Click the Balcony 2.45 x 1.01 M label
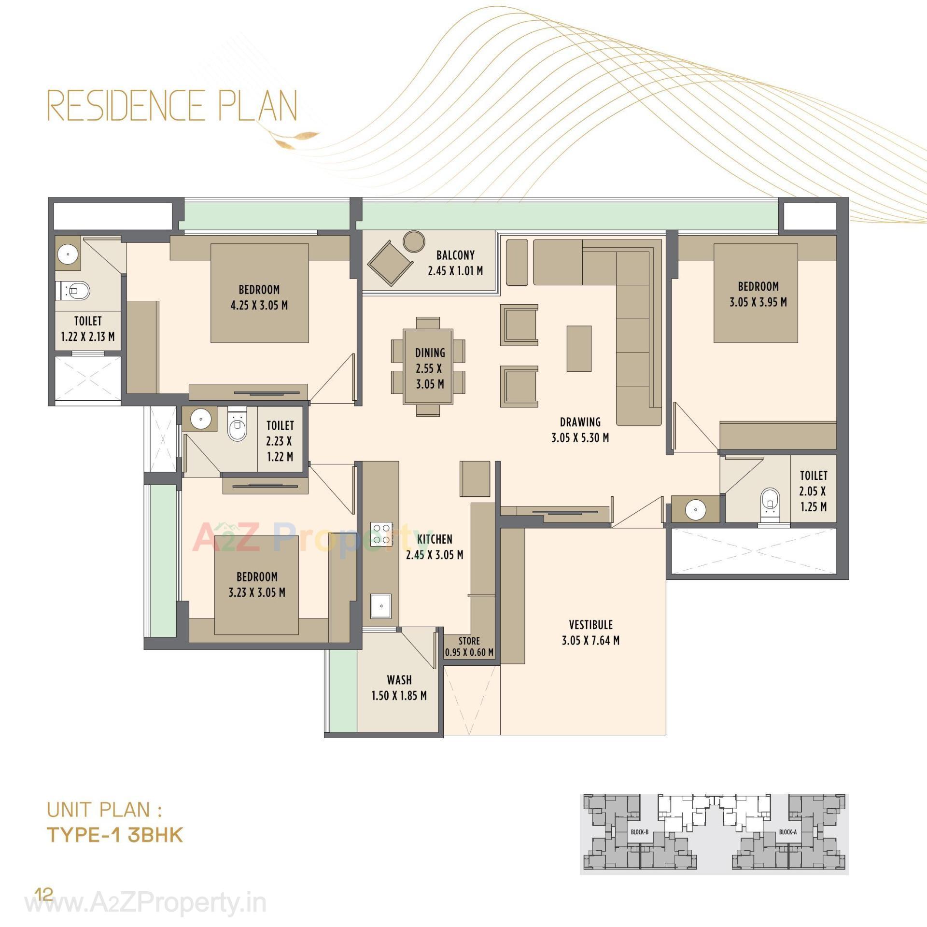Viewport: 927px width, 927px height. [455, 263]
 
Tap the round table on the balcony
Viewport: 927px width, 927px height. [414, 241]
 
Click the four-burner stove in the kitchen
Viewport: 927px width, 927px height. [381, 534]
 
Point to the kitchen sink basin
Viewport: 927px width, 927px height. [381, 605]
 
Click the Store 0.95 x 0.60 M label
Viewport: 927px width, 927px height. [469, 646]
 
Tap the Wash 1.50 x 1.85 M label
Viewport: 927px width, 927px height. [399, 688]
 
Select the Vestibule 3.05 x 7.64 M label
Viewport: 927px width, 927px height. [590, 632]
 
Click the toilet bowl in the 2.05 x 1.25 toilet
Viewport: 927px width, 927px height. [770, 502]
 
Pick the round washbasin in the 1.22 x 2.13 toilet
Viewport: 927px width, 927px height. [67, 253]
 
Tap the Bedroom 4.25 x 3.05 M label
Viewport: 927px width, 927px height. [259, 297]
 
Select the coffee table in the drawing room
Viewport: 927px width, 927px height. [579, 348]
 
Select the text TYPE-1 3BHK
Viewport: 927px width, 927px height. [115, 835]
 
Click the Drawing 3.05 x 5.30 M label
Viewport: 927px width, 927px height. [579, 430]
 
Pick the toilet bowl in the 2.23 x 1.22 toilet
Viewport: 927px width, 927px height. [237, 429]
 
